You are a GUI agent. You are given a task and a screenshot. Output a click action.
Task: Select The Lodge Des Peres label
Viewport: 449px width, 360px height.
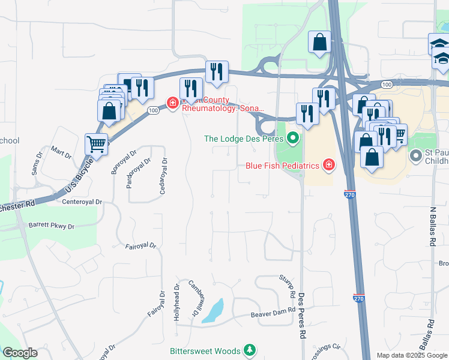coord(244,139)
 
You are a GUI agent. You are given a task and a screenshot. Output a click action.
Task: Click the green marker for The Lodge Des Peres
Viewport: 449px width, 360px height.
coord(293,139)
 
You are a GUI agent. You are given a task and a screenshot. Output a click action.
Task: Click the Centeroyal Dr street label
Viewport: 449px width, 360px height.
coord(83,202)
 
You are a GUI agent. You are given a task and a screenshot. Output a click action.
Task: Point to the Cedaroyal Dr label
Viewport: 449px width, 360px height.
coord(163,175)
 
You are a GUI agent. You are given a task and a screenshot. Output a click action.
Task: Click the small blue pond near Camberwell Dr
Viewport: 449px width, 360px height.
coord(213,311)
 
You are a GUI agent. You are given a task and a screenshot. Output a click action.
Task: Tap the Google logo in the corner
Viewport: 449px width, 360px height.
coord(20,353)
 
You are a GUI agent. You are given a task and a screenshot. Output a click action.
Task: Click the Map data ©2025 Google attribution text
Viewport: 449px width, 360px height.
coord(412,355)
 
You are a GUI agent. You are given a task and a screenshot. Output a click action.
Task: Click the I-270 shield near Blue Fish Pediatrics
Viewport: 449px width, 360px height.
coord(349,194)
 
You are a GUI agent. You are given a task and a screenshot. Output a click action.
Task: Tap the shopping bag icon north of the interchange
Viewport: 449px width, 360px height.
coord(319,43)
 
